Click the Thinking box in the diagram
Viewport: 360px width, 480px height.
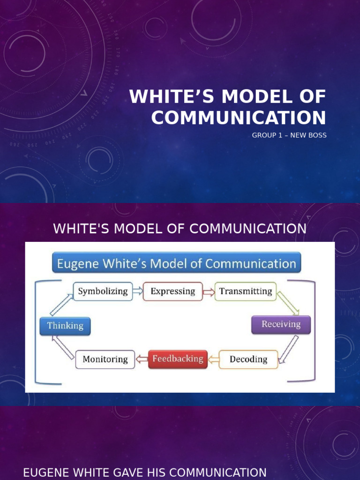(65, 326)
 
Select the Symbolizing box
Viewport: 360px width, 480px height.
(103, 291)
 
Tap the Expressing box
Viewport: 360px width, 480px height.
(172, 291)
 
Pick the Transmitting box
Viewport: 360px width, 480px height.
(245, 291)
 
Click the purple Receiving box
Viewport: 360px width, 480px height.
(281, 324)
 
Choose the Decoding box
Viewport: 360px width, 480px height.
(248, 360)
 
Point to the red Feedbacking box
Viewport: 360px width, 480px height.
(178, 359)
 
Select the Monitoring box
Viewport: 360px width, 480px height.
(105, 360)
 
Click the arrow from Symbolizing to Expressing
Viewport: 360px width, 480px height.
(137, 292)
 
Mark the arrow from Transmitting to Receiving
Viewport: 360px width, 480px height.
(287, 303)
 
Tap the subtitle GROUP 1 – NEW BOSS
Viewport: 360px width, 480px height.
(289, 135)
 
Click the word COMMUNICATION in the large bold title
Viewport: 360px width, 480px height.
(239, 117)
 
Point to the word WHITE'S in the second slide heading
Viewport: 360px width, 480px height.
(77, 229)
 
